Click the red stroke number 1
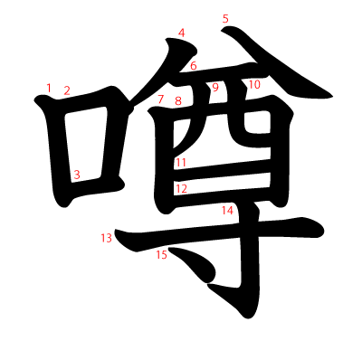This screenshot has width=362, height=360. [48, 87]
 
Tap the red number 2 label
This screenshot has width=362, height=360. [67, 90]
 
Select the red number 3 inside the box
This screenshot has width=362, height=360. [78, 175]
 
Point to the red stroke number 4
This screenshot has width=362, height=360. [182, 33]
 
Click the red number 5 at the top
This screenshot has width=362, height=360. [225, 18]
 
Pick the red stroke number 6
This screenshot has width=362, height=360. [194, 66]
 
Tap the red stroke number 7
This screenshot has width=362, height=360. [160, 99]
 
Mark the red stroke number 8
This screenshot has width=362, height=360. [178, 100]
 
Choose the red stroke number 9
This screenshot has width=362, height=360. [215, 87]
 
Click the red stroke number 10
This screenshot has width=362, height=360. [254, 84]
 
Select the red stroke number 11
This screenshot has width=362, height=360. [181, 163]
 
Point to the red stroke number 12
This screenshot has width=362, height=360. [181, 188]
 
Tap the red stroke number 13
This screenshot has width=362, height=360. [107, 238]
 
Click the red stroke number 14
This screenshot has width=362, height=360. [228, 210]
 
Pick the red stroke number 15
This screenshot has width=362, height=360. [161, 255]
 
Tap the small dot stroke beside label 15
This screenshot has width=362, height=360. [193, 264]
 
